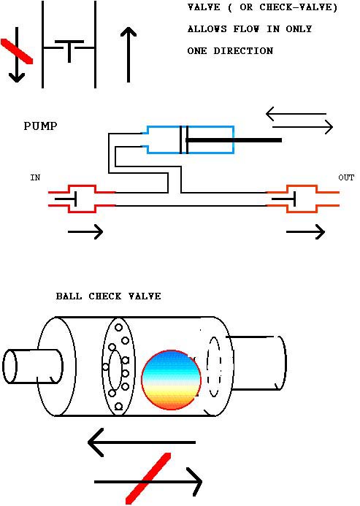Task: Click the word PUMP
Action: [x=40, y=126]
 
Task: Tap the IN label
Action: [x=35, y=177]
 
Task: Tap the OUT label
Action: [x=346, y=177]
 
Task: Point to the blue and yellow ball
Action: [x=171, y=380]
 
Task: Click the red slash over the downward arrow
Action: [x=17, y=51]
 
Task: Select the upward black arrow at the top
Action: [x=129, y=55]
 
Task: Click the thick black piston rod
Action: [x=234, y=140]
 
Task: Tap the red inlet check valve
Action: [x=82, y=199]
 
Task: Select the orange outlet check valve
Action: [x=302, y=199]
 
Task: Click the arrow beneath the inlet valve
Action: [x=85, y=231]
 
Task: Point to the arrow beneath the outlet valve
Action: [x=305, y=231]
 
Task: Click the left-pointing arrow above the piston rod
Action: [x=296, y=114]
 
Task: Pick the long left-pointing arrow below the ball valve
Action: [x=142, y=442]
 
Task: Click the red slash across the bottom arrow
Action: [x=148, y=478]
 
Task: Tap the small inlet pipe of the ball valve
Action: [x=32, y=367]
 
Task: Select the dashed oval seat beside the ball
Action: [x=214, y=367]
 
